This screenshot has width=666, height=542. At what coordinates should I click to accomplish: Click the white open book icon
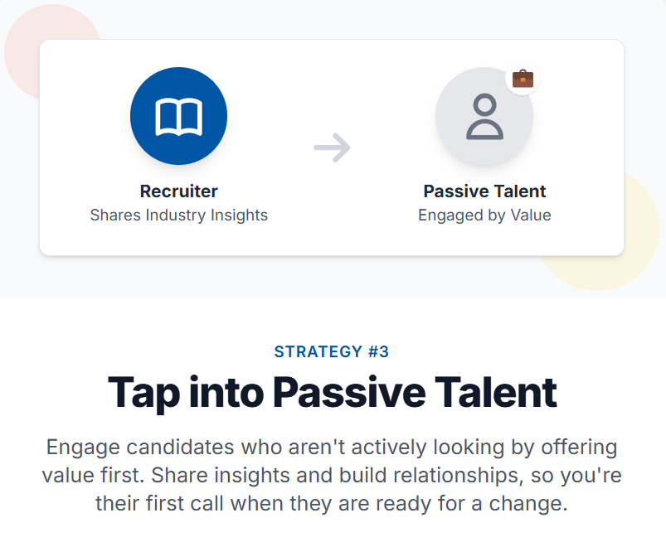click(179, 117)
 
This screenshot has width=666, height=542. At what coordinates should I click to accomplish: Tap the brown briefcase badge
click(523, 79)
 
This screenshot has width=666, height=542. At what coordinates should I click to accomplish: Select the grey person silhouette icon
click(484, 117)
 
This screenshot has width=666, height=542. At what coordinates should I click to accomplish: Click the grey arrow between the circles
click(332, 148)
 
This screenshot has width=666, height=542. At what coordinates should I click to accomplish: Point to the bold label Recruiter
click(179, 191)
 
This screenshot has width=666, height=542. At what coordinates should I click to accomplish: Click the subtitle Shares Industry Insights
click(179, 215)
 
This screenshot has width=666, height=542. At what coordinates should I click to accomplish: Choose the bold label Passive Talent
click(484, 191)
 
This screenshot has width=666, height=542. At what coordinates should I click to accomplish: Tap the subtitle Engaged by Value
click(484, 215)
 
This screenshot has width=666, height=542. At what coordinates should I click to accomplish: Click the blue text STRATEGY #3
click(332, 351)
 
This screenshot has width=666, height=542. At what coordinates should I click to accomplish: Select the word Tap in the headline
click(144, 394)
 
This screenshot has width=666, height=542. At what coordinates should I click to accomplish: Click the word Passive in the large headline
click(349, 392)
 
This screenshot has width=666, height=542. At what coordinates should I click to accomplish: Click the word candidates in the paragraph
click(181, 447)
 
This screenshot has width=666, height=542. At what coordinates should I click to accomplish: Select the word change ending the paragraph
click(528, 504)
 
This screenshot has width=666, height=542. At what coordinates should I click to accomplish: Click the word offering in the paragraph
click(579, 448)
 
